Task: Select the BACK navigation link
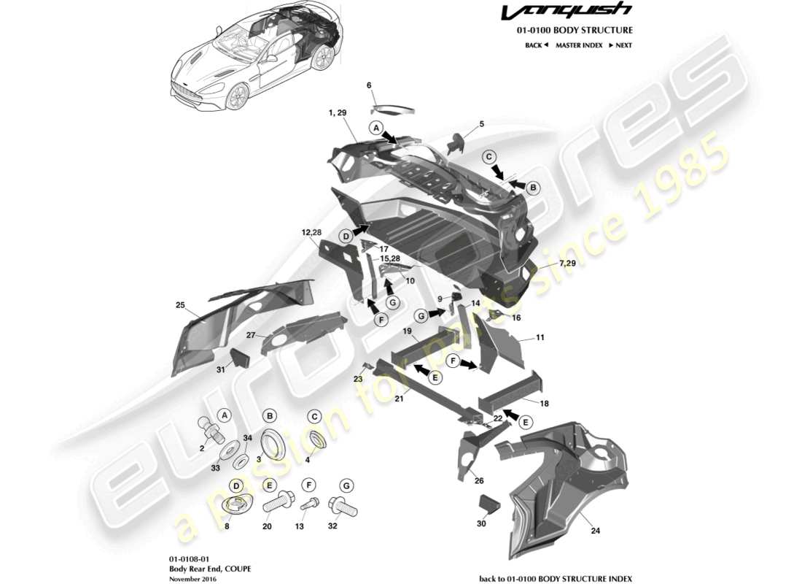[x=536, y=45]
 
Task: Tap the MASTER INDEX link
[x=579, y=45]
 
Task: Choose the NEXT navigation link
[x=620, y=45]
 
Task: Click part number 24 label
[x=595, y=531]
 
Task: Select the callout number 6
[x=369, y=85]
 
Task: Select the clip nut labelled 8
[x=235, y=504]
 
